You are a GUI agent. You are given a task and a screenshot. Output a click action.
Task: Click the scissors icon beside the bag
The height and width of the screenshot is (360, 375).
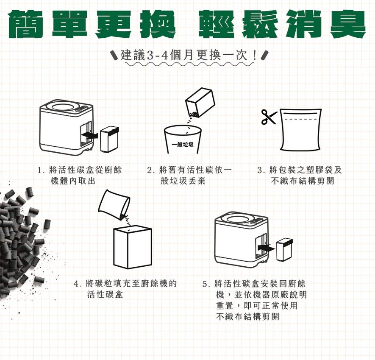click(269, 117)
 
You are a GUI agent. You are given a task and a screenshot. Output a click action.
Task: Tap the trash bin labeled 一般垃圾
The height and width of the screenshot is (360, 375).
click(183, 140)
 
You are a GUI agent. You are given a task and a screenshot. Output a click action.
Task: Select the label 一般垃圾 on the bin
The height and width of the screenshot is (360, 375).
click(183, 145)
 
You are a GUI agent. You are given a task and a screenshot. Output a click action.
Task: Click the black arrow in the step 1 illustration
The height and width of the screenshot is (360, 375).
click(90, 136)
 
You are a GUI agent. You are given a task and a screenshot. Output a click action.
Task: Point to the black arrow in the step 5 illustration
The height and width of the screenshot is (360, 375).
click(266, 248)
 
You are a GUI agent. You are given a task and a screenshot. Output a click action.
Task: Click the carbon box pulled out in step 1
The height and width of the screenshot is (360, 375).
click(110, 139)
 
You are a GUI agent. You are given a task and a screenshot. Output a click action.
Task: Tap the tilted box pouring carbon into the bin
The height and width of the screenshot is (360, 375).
click(200, 103)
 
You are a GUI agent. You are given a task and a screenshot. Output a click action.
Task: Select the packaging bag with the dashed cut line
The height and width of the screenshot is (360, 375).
click(301, 130)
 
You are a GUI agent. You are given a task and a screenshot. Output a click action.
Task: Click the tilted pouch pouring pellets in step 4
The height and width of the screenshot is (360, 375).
click(114, 204)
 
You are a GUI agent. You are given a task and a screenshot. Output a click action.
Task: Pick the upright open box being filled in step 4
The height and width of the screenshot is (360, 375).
click(133, 247)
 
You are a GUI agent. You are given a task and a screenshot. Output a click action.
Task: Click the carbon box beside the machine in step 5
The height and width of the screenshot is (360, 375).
click(284, 249)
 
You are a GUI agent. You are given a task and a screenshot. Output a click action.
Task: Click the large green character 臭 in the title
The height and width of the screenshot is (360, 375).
click(347, 23)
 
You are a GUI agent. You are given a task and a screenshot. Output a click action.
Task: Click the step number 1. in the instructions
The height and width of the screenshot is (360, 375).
click(41, 170)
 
